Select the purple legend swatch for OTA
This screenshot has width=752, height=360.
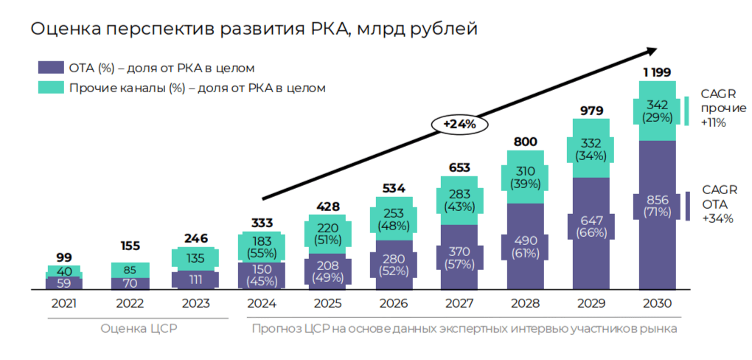(x=50, y=67)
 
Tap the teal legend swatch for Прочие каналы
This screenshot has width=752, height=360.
(x=50, y=87)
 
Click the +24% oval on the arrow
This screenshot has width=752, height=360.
(x=459, y=125)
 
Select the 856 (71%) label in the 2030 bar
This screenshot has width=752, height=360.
(x=657, y=206)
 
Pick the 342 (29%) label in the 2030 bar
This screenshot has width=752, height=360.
(x=657, y=111)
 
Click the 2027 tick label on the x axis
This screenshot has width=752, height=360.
(x=459, y=303)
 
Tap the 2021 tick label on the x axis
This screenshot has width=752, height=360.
(x=64, y=303)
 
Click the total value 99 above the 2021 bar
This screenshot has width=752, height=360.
(x=64, y=257)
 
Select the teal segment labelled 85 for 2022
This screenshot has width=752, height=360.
(x=130, y=270)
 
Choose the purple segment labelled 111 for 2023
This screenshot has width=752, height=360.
(x=195, y=280)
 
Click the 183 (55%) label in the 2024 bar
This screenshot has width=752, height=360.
(x=262, y=246)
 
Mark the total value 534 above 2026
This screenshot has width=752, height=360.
(x=394, y=188)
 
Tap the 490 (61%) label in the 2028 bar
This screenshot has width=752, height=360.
(x=526, y=247)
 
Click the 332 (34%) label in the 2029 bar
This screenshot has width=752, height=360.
(x=591, y=149)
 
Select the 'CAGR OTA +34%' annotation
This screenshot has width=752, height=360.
(x=717, y=204)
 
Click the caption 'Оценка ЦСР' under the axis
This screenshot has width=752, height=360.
(x=130, y=328)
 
